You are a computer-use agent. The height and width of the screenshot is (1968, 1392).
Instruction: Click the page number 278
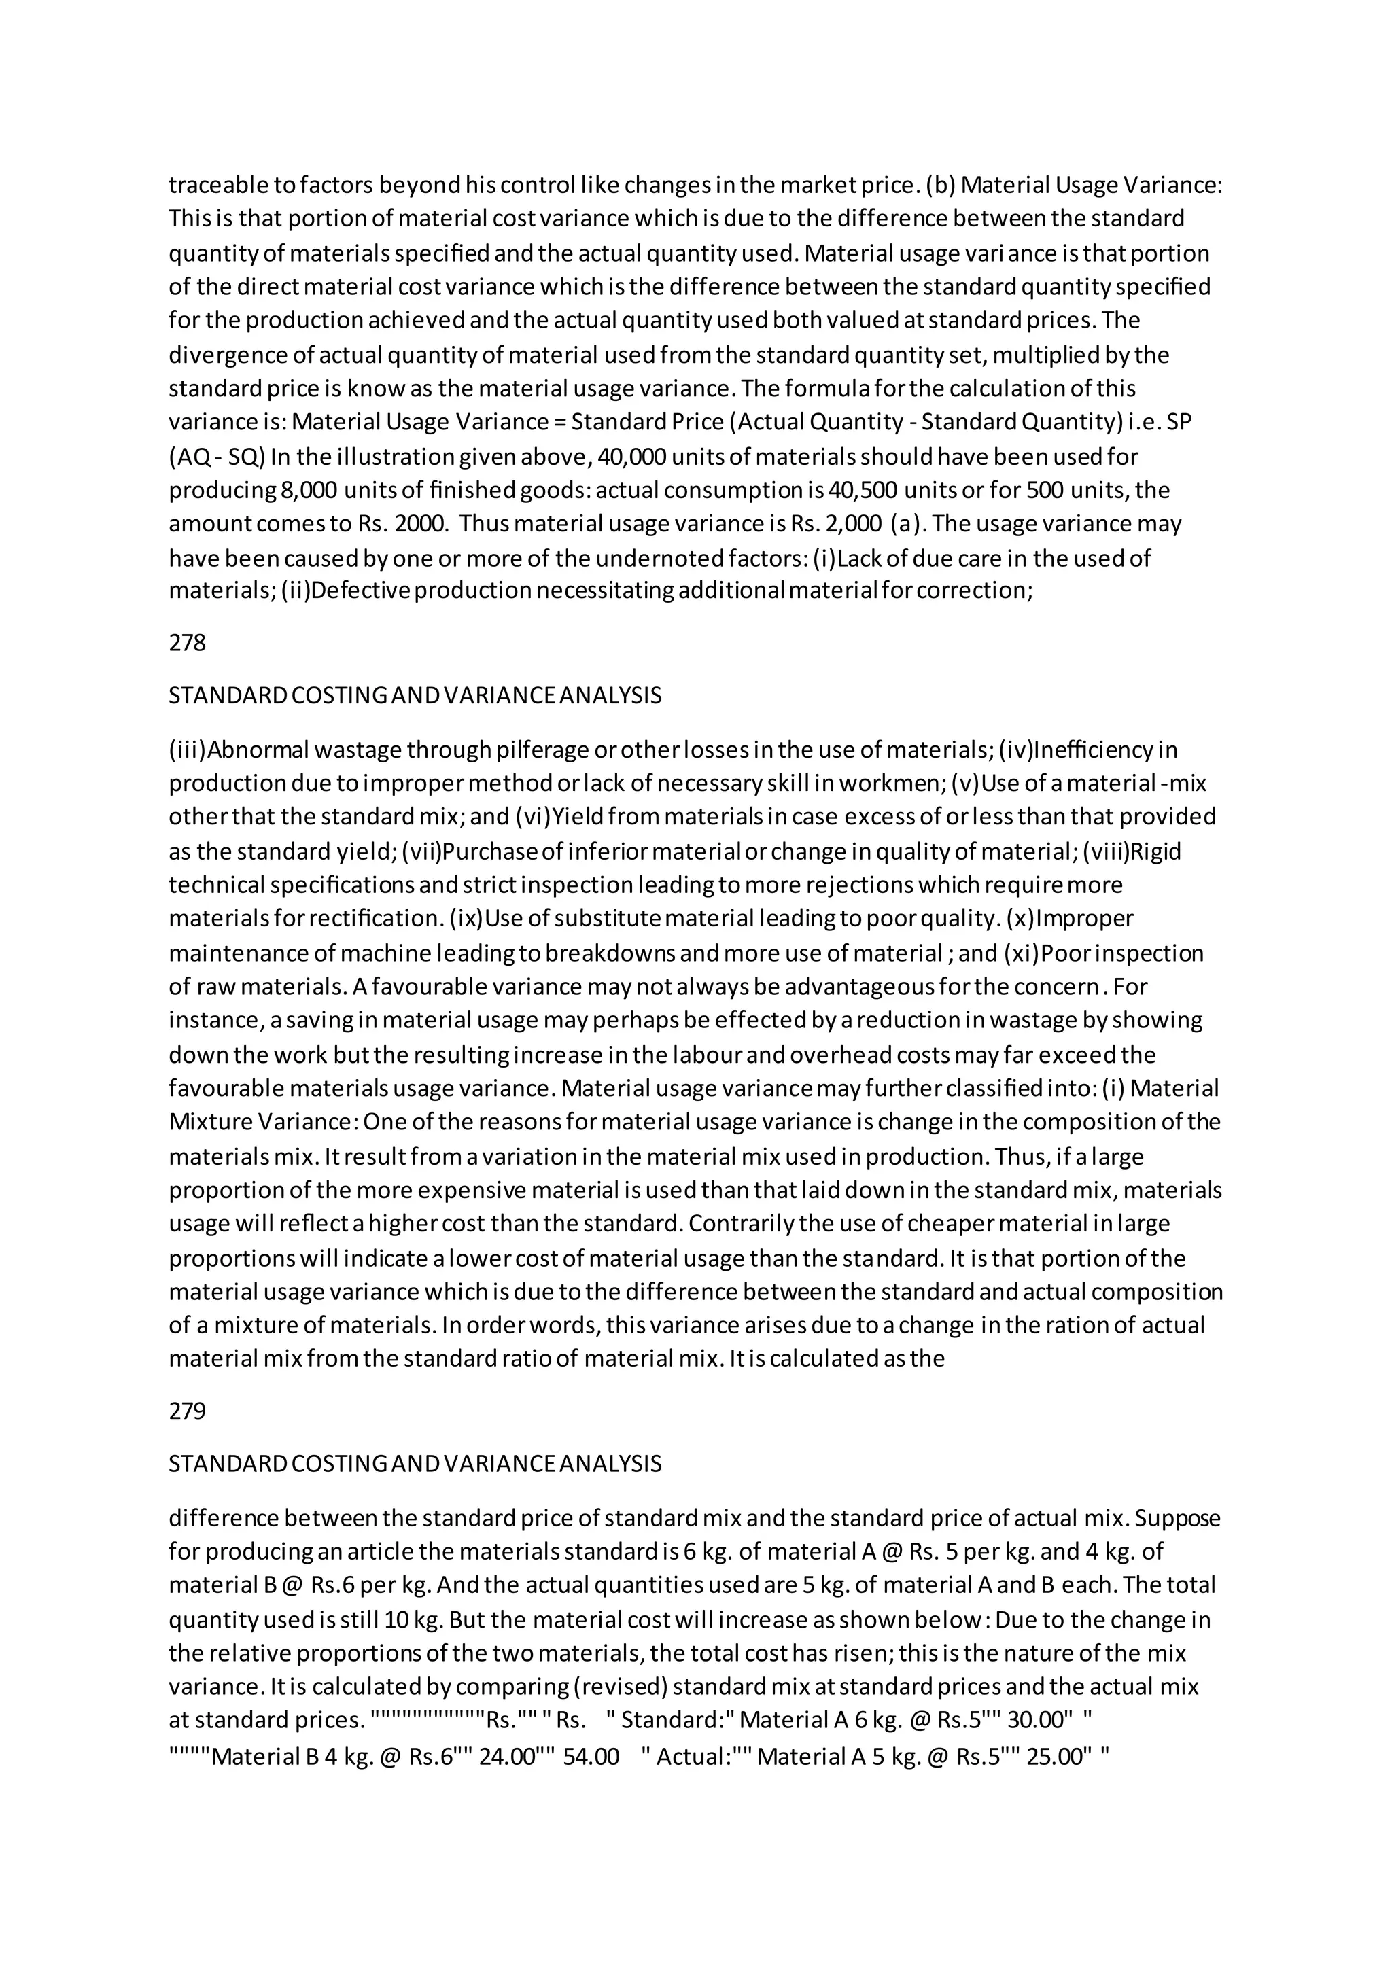pyautogui.click(x=187, y=643)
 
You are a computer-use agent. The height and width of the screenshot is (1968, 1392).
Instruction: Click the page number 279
pyautogui.click(x=187, y=1411)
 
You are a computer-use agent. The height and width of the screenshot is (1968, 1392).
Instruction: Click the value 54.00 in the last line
pyautogui.click(x=591, y=1757)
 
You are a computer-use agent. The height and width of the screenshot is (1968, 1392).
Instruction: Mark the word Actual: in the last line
pyautogui.click(x=692, y=1757)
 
